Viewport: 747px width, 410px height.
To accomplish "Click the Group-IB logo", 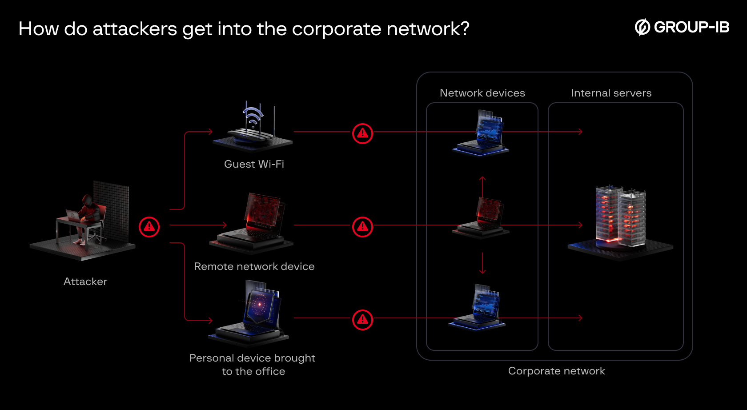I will point(682,27).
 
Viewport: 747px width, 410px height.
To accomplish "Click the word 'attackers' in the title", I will point(135,29).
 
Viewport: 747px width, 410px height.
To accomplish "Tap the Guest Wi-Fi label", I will point(254,164).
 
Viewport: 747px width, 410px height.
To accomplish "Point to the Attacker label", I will point(85,281).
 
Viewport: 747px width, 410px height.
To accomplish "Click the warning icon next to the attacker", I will point(149,227).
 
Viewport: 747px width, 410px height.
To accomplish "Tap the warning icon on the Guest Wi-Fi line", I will point(363,133).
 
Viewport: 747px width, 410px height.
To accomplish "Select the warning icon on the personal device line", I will point(363,320).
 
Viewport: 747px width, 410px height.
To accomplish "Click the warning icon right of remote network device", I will point(363,227).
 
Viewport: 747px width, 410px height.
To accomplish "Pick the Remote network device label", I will point(254,266).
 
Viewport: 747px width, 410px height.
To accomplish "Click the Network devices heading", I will point(482,93).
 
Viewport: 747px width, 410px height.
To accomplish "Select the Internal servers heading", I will point(611,93).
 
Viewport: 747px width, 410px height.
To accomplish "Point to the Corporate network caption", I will point(557,371).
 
